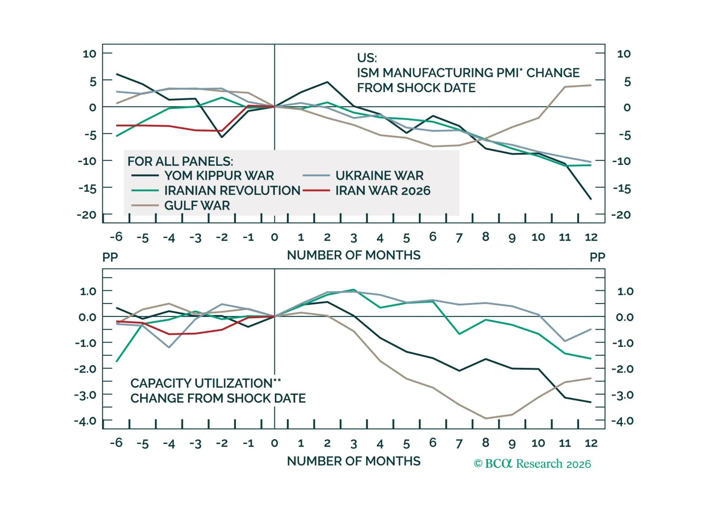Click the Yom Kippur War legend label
(x=219, y=175)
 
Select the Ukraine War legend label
(x=379, y=175)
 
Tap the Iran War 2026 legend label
(x=383, y=191)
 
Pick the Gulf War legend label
(x=197, y=206)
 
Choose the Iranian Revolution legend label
(x=232, y=191)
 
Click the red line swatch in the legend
(x=316, y=191)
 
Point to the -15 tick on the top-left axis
(x=87, y=188)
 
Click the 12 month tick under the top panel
(x=591, y=237)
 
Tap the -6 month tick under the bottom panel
(x=116, y=443)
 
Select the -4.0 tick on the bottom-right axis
(x=622, y=421)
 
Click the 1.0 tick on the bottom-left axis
(x=88, y=291)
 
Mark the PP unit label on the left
(x=110, y=257)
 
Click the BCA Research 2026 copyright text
(x=532, y=464)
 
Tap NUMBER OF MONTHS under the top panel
(x=353, y=255)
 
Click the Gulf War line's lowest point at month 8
(x=486, y=418)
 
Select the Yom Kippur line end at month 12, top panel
(x=591, y=199)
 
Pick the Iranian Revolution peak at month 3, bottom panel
(x=354, y=290)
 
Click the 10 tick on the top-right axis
(x=623, y=54)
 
